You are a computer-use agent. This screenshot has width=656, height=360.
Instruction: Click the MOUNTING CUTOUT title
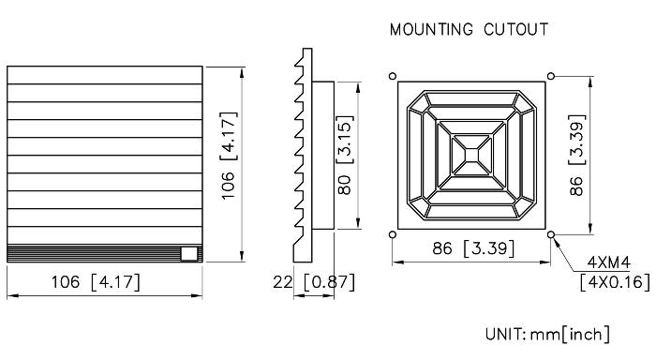point(469,29)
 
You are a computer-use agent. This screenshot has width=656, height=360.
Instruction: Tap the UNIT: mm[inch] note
point(547,334)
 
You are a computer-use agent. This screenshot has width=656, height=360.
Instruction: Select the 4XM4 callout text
point(609,262)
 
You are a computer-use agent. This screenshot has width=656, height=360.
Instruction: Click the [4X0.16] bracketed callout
point(615,282)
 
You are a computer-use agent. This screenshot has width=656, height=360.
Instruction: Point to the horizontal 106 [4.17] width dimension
point(96,282)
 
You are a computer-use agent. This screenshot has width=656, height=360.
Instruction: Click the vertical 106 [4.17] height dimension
point(229,156)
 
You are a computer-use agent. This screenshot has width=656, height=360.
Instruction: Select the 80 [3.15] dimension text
point(345,155)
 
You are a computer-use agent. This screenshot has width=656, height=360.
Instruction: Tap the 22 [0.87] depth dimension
point(314,282)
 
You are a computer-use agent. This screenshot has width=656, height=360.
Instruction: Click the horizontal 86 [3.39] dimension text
point(473,248)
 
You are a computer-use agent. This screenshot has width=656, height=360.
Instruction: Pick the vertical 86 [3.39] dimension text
point(577,155)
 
